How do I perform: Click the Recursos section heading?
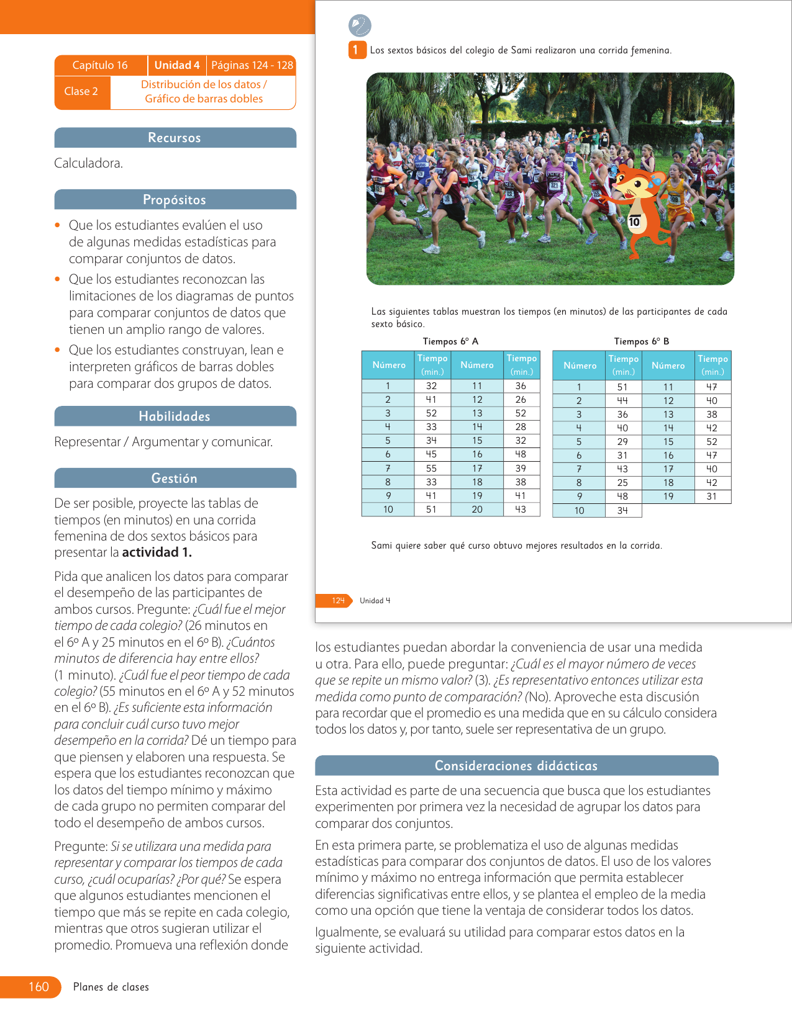point(175,138)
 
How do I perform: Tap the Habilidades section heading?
point(175,416)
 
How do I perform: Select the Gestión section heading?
point(175,478)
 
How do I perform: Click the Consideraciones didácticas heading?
point(516,766)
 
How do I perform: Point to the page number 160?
point(39,987)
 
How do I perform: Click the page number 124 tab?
point(337,601)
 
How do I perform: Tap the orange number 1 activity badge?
point(355,50)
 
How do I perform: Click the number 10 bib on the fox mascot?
point(634,222)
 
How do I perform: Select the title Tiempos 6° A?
point(450,341)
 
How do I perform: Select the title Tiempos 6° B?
point(642,341)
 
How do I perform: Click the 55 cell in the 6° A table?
point(431,469)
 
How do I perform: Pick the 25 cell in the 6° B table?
point(622,483)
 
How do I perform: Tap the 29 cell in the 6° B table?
point(622,442)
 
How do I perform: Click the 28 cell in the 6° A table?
point(521,427)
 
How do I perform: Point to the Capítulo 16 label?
point(100,65)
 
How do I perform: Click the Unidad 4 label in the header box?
point(177,65)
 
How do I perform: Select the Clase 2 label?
point(81,91)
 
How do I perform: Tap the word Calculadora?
point(88,163)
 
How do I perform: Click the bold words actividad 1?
point(157,552)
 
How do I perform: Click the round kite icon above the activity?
point(360,26)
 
